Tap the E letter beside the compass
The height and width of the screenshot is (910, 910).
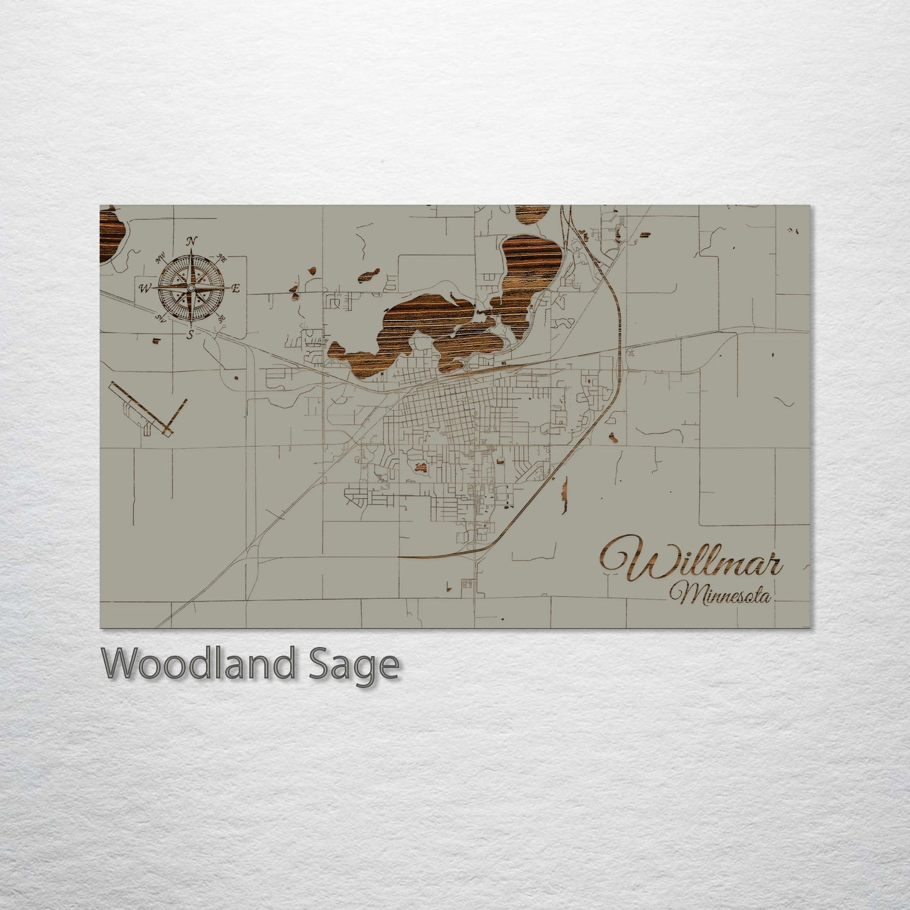(x=237, y=289)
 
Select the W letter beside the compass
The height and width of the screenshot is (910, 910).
(x=145, y=289)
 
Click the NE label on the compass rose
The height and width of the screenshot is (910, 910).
(x=221, y=258)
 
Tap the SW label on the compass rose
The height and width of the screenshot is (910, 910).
(x=161, y=317)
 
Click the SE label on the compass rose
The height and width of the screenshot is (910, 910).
(x=221, y=319)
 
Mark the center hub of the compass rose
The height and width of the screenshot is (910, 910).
(x=191, y=287)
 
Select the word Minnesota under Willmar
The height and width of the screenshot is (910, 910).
(x=721, y=593)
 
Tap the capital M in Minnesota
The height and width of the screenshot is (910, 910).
(x=681, y=593)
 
